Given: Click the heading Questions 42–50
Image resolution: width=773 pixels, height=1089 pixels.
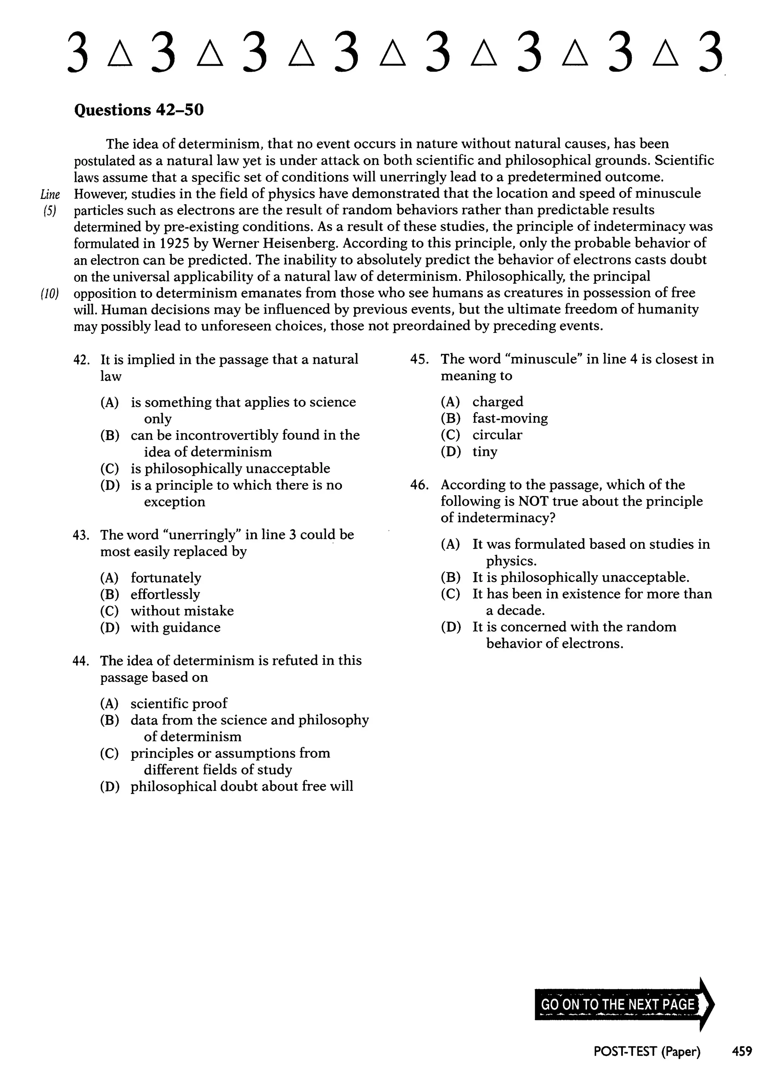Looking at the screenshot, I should [x=139, y=110].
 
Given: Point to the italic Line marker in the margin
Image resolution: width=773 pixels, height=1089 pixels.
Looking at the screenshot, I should [x=50, y=194].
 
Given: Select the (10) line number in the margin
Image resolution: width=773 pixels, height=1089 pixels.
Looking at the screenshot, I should [x=49, y=294].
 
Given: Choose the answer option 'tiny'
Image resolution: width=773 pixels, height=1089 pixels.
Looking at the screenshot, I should [x=485, y=452].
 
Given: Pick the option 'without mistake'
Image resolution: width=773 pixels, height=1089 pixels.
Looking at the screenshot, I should [x=182, y=611].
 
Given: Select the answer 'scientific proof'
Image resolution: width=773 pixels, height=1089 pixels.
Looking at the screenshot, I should [x=179, y=703].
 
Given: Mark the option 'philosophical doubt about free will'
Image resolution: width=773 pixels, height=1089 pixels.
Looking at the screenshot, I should [x=242, y=786].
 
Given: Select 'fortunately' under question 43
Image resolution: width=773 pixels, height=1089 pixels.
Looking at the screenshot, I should [x=166, y=578].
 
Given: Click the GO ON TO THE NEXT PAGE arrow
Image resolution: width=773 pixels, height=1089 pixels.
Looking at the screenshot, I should [x=624, y=1004].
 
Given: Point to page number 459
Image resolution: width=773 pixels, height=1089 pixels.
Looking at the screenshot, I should [x=742, y=1051].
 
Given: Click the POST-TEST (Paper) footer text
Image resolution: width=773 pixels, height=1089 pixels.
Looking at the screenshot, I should [x=647, y=1051].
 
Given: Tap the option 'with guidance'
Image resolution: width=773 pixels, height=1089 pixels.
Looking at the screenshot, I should [x=176, y=628].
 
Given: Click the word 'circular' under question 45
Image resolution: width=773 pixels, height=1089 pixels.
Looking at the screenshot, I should [x=497, y=435].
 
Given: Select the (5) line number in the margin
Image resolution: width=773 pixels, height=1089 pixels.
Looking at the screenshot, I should [x=49, y=211].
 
